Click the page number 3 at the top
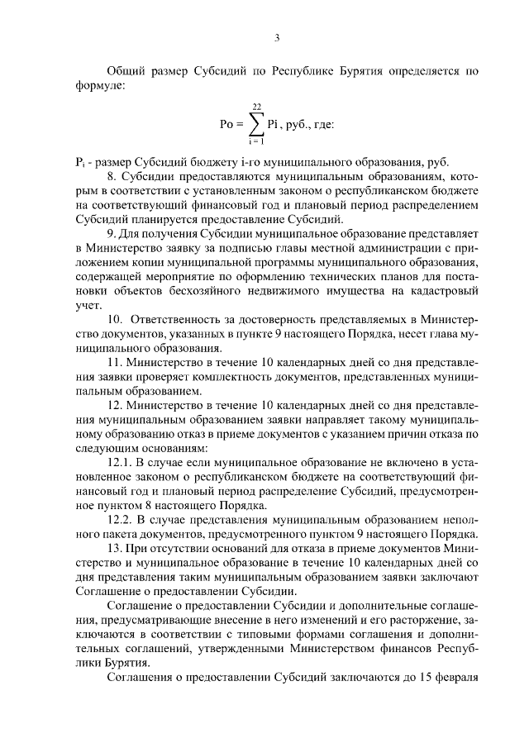278,36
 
